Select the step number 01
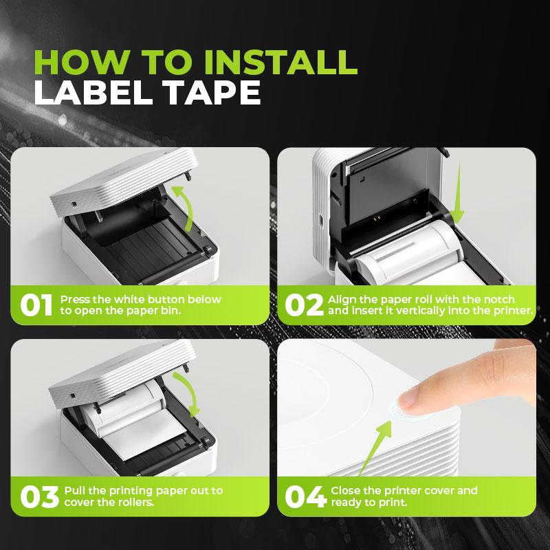pyautogui.click(x=36, y=305)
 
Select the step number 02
pyautogui.click(x=304, y=305)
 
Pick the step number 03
pyautogui.click(x=40, y=496)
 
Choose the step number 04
pyautogui.click(x=305, y=496)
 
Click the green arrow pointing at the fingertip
pyautogui.click(x=376, y=448)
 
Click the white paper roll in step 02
pyautogui.click(x=407, y=252)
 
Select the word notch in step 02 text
pyautogui.click(x=499, y=300)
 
